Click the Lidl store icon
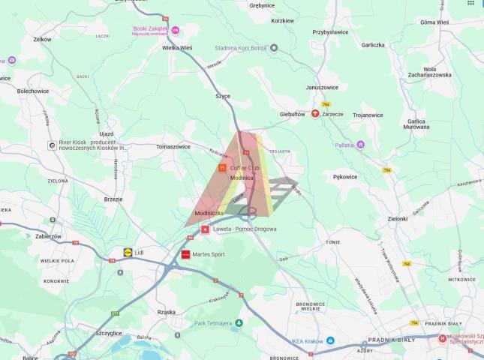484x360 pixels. pos(128,253)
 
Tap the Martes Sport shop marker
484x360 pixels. pos(187,254)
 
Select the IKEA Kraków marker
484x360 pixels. pos(331,341)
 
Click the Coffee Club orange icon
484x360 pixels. pos(222,168)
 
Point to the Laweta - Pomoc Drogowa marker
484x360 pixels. pos(205,229)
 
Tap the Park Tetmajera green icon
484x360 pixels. pos(239,322)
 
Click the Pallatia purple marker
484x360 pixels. pos(360,144)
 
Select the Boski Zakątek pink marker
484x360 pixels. pos(175,30)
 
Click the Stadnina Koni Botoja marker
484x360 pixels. pos(274,47)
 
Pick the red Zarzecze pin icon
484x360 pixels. pos(315,114)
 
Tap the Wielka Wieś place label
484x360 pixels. pos(177,46)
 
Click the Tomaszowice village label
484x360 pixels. pos(173,147)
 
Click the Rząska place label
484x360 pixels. pos(166,312)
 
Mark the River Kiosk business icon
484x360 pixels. pos(51,145)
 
